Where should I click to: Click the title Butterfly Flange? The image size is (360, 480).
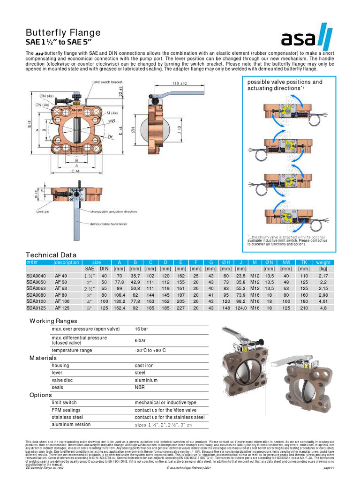63,32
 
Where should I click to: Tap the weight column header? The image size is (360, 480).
323,262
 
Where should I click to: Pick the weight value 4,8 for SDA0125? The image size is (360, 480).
323,308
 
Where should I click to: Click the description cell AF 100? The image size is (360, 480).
62,301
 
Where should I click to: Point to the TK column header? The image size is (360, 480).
303,262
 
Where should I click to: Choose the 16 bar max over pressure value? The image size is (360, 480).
142,329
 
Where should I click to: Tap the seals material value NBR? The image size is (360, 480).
140,388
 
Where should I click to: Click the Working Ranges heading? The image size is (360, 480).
54,321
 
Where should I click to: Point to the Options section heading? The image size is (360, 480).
41,395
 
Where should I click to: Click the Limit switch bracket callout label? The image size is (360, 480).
107,82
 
